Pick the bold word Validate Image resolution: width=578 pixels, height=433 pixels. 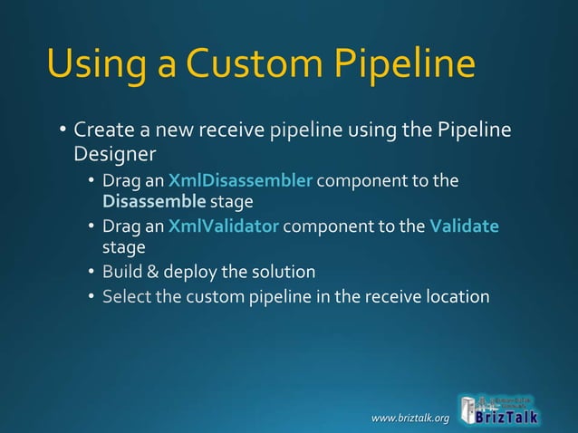pyautogui.click(x=464, y=226)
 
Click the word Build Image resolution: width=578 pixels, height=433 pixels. pyautogui.click(x=121, y=272)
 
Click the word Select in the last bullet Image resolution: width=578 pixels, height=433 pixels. pyautogui.click(x=126, y=296)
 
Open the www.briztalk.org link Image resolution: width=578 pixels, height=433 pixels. pyautogui.click(x=410, y=418)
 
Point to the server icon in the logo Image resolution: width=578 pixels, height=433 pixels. pyautogui.click(x=467, y=409)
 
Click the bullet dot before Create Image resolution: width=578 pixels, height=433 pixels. pyautogui.click(x=63, y=132)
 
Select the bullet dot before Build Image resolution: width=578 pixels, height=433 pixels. pyautogui.click(x=92, y=273)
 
